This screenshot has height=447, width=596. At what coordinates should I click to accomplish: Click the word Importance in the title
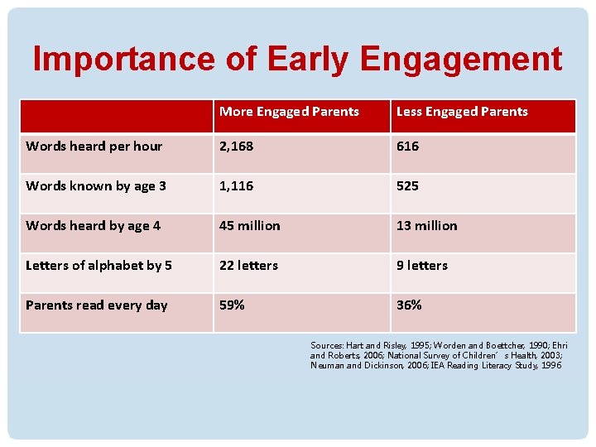click(x=121, y=59)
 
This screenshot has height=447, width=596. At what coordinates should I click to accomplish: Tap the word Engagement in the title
click(x=462, y=59)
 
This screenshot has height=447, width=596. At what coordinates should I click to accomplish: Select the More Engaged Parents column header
click(x=289, y=112)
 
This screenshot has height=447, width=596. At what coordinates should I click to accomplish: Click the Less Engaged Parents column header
click(x=462, y=112)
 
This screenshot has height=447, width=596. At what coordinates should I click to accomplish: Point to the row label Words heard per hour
click(x=94, y=147)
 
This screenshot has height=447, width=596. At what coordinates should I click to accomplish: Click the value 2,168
click(x=237, y=147)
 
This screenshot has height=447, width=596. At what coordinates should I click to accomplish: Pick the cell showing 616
click(x=408, y=147)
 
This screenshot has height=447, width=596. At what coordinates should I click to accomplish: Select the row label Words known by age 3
click(x=96, y=186)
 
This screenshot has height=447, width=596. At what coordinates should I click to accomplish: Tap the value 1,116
click(x=237, y=186)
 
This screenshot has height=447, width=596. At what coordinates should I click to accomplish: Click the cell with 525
click(x=408, y=186)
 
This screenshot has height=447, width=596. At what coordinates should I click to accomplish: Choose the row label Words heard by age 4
click(x=93, y=226)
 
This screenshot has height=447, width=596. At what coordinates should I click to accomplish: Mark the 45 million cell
click(x=249, y=226)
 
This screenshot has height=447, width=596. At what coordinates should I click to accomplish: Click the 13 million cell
click(x=426, y=226)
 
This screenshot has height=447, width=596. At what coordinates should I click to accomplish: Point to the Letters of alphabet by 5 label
click(x=99, y=266)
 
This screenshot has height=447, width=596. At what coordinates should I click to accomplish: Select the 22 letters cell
click(x=248, y=266)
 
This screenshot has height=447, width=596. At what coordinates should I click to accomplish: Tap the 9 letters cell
click(x=422, y=266)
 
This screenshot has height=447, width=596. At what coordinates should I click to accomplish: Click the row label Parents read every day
click(x=96, y=305)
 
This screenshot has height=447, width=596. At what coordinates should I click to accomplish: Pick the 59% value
click(x=232, y=305)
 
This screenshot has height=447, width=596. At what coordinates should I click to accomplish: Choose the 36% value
click(x=409, y=305)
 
